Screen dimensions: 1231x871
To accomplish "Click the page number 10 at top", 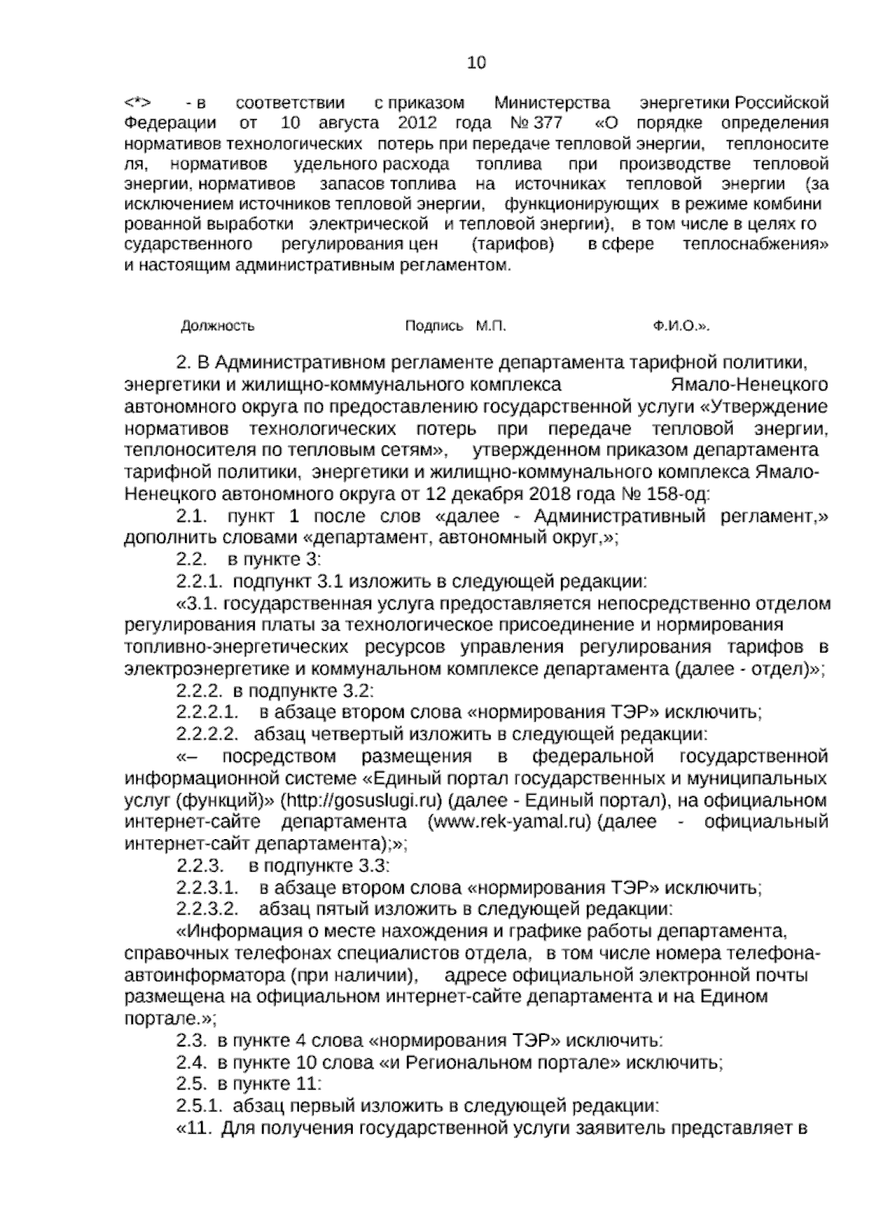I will click(476, 62).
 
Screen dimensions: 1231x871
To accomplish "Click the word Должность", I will click(217, 326).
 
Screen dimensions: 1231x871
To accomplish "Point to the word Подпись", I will click(433, 326).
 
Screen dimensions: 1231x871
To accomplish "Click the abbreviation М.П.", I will click(491, 326).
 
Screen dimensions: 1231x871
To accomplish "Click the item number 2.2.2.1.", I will click(208, 712).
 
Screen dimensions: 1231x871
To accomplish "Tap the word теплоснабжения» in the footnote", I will click(755, 245).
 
